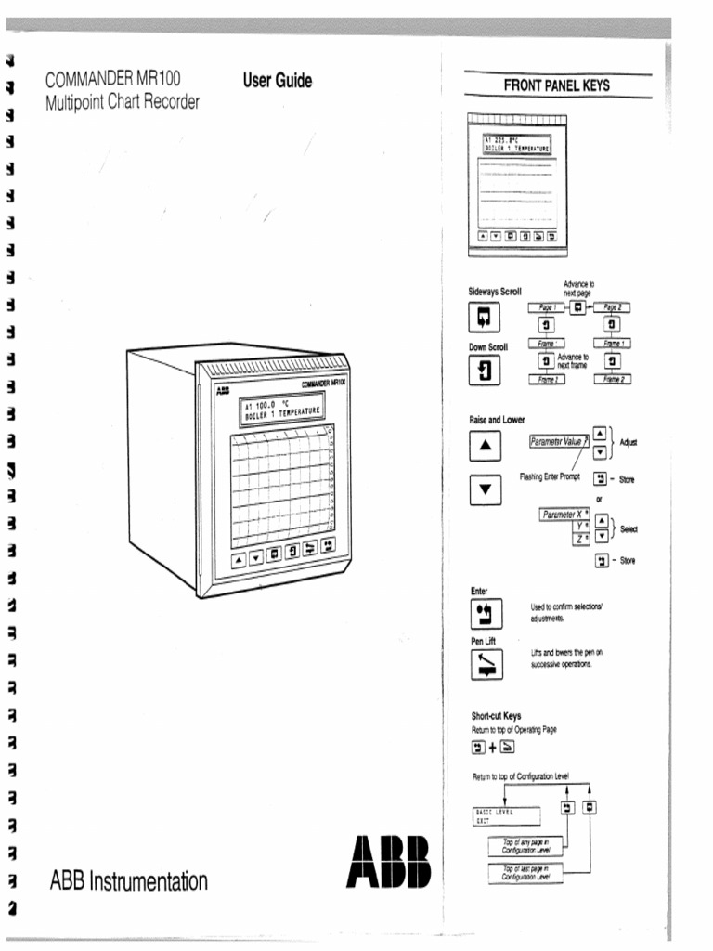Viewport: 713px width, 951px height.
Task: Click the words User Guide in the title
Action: click(x=277, y=81)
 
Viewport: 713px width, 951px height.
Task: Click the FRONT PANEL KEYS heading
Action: click(x=556, y=85)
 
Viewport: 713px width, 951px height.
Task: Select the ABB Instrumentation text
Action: click(x=128, y=880)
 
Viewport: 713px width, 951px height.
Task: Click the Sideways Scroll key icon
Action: click(x=484, y=319)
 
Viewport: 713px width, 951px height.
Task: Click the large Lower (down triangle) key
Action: click(x=485, y=489)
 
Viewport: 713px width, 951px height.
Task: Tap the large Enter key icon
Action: click(x=485, y=615)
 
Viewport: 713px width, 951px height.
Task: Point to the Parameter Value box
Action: click(x=558, y=443)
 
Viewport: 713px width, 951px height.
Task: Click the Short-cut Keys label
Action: click(x=496, y=716)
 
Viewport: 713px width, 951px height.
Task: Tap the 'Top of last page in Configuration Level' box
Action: click(x=525, y=871)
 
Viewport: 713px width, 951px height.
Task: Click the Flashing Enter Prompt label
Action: click(x=549, y=476)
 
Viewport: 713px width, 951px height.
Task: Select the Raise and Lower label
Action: click(x=497, y=420)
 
